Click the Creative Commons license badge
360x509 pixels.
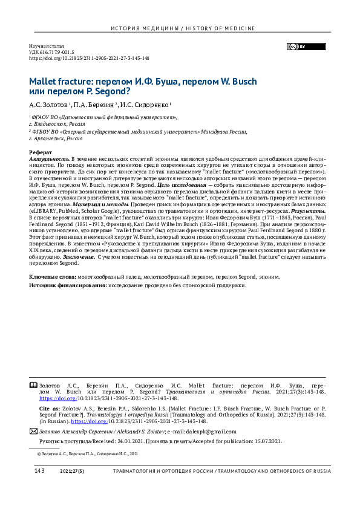[x=296, y=47]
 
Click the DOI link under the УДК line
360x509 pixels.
[x=90, y=59]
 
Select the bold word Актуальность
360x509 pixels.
[x=48, y=158]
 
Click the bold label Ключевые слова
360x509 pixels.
[x=51, y=276]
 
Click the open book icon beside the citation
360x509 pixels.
[x=33, y=384]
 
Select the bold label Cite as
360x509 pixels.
[x=48, y=409]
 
